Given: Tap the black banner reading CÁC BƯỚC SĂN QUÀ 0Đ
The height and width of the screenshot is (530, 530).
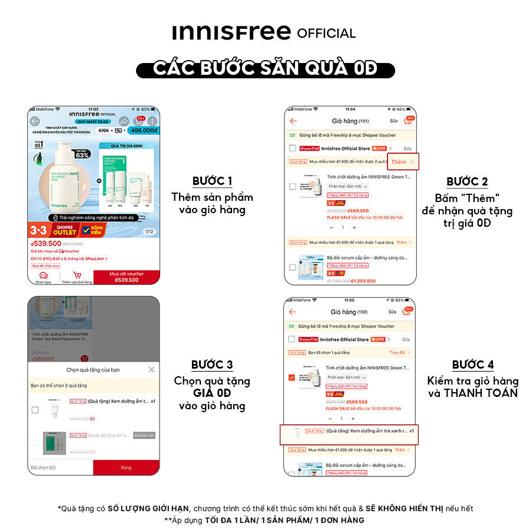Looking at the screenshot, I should pos(265,68).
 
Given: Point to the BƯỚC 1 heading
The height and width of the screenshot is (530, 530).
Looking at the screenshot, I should pos(213,181).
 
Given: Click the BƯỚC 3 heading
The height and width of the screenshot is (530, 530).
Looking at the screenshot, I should pos(212,365).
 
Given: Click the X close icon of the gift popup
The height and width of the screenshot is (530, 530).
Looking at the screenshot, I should pos(151,369).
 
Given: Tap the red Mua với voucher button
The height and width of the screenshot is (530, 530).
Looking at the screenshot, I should pos(126,277).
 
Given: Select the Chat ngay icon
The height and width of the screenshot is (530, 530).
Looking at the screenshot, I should pos(43,277).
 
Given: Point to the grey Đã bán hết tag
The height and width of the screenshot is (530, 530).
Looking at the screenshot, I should pos(144,435).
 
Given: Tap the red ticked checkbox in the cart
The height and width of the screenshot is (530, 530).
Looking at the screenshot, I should pos(291,377).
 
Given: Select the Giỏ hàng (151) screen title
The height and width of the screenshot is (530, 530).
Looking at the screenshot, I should pos(350,121).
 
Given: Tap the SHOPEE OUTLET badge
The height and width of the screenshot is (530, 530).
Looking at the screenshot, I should pos(65,230).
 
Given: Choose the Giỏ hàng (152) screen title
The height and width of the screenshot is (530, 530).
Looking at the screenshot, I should pos(349,312).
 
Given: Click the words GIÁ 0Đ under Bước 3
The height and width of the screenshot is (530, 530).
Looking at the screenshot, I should pos(212,393).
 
